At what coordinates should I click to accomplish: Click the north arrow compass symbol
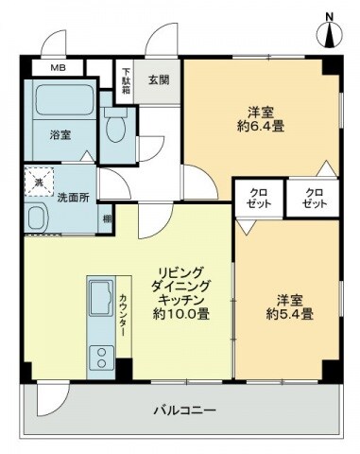coord(329,29)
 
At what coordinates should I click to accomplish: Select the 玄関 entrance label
coord(157,80)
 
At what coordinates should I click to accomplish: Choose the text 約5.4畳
coord(281,315)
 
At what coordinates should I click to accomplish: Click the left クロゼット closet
coord(259,200)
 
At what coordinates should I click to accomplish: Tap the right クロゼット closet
coord(315,200)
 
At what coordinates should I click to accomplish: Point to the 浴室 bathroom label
coord(60,134)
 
